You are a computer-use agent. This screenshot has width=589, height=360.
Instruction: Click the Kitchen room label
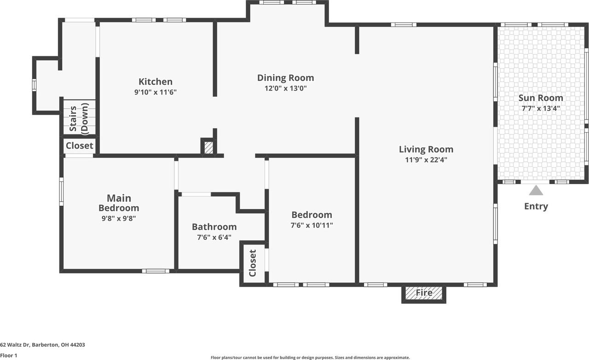coord(156,82)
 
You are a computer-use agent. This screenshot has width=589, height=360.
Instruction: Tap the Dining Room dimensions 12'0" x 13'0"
coord(285,88)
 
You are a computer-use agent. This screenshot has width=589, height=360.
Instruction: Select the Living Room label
coord(426,149)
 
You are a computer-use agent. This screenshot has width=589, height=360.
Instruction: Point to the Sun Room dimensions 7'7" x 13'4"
coord(540,109)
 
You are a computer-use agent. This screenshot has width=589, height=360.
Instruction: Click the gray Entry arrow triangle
coord(536,190)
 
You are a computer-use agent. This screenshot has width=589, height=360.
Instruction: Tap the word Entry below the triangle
coord(536,206)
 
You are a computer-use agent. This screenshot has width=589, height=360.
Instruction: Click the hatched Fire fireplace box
coord(424,293)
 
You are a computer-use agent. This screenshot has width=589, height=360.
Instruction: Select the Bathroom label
coord(214,226)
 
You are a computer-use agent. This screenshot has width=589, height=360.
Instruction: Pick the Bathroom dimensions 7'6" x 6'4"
coord(214,237)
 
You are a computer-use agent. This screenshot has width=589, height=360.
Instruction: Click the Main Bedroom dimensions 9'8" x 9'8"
coord(119,219)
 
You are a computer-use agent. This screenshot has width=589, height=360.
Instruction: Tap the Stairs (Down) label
coord(79,119)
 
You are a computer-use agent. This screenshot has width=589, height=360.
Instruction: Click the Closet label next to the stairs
coord(79,146)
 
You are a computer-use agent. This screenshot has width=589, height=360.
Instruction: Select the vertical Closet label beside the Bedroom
coord(253,263)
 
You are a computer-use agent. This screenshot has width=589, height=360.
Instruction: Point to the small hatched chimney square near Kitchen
coord(208,148)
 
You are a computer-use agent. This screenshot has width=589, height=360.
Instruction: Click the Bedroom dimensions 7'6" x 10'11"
coord(312,226)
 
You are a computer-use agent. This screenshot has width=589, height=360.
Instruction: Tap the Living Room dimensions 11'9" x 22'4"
coord(426,160)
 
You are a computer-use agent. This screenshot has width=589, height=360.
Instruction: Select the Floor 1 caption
coord(9,355)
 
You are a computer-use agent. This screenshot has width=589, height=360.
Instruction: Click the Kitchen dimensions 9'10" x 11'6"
coord(156,92)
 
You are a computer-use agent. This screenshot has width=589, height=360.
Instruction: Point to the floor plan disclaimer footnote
coord(310,357)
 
